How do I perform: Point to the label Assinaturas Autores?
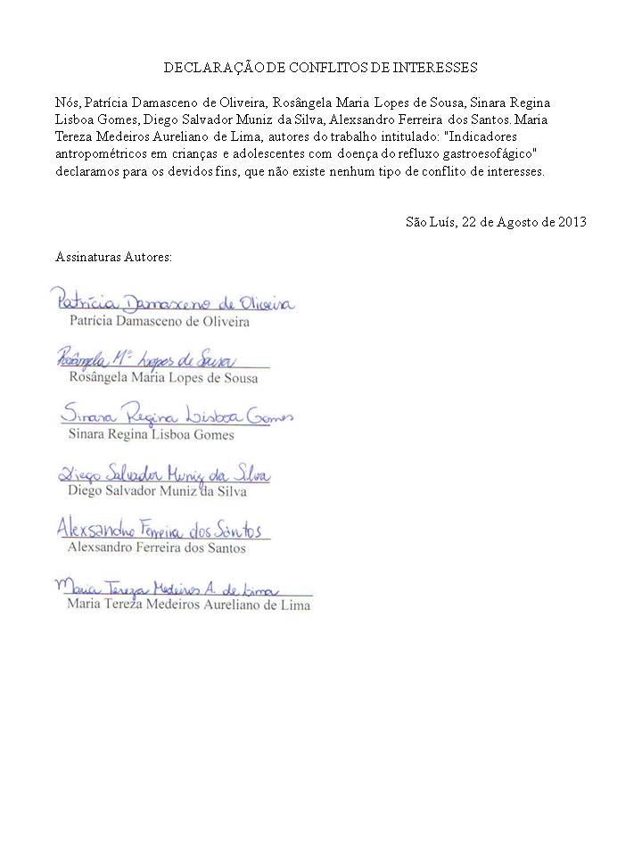(113, 257)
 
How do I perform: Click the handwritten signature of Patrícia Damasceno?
(172, 303)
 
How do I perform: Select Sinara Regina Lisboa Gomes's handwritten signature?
(176, 416)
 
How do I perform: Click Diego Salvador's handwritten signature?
(163, 473)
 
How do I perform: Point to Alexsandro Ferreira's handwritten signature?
(160, 530)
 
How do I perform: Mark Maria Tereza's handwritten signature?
(167, 588)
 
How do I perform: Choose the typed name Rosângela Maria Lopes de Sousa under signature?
(163, 377)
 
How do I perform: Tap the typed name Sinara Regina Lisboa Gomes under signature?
(152, 434)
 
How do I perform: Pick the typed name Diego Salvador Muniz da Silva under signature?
(158, 491)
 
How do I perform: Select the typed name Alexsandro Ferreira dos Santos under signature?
(157, 547)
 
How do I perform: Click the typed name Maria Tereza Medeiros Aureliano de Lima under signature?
(189, 605)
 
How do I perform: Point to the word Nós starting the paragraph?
(67, 103)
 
